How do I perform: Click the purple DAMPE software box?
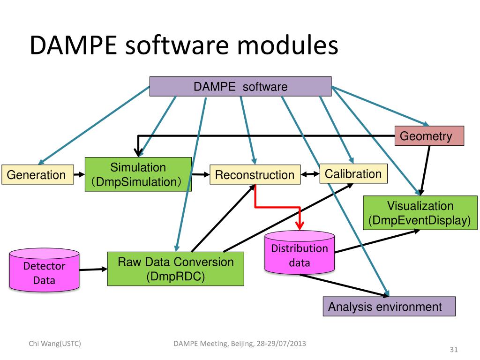pos(240,87)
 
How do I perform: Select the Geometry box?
pos(429,136)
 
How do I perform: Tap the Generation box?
pos(38,175)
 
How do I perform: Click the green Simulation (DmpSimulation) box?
pos(138,174)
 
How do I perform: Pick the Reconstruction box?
pos(255,175)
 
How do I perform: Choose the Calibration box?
pos(353,174)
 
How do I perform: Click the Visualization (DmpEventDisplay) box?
pos(420,213)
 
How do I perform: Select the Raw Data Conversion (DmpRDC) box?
pos(175,269)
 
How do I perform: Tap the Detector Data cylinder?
pos(45,272)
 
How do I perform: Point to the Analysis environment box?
pos(389,307)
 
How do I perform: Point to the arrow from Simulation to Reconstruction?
pos(200,175)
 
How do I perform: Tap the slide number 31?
pos(453,350)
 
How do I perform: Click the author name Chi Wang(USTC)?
pos(54,344)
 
